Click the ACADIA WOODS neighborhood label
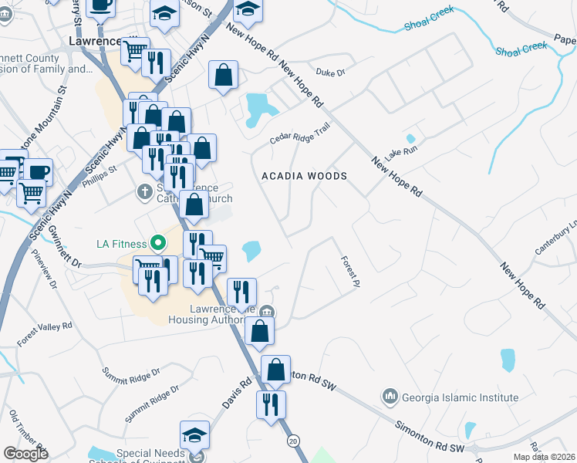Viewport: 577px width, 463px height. coord(304,176)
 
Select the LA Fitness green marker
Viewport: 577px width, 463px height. coord(158,244)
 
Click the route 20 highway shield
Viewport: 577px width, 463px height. coord(293,440)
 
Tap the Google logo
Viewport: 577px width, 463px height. coord(25,454)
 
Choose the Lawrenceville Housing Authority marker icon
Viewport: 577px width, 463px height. coord(266,312)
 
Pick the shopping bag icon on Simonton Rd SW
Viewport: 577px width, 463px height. coord(275,370)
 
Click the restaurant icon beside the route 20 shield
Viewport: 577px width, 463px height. coord(271,404)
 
